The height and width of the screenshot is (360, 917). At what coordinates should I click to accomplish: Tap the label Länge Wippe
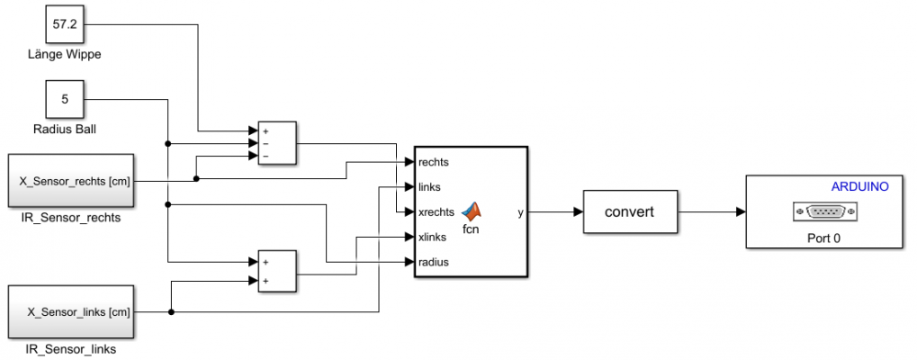click(x=64, y=55)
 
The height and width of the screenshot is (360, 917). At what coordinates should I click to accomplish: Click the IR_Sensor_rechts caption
click(x=73, y=217)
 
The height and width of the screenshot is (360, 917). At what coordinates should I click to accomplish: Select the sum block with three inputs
click(x=277, y=143)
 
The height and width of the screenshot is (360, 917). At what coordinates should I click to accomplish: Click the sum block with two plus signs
click(x=277, y=272)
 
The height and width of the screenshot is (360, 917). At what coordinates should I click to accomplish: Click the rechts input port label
click(x=434, y=162)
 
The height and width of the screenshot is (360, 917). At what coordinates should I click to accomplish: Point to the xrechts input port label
click(x=436, y=212)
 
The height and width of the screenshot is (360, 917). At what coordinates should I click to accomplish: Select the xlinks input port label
click(x=434, y=238)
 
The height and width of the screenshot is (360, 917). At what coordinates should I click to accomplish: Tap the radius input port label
click(x=434, y=263)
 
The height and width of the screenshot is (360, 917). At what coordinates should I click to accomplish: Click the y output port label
click(x=520, y=212)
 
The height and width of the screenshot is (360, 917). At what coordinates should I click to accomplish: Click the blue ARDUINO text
click(x=859, y=187)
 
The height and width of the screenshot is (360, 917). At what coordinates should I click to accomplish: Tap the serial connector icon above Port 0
click(x=824, y=212)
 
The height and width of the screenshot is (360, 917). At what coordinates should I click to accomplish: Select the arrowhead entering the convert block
click(x=577, y=213)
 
